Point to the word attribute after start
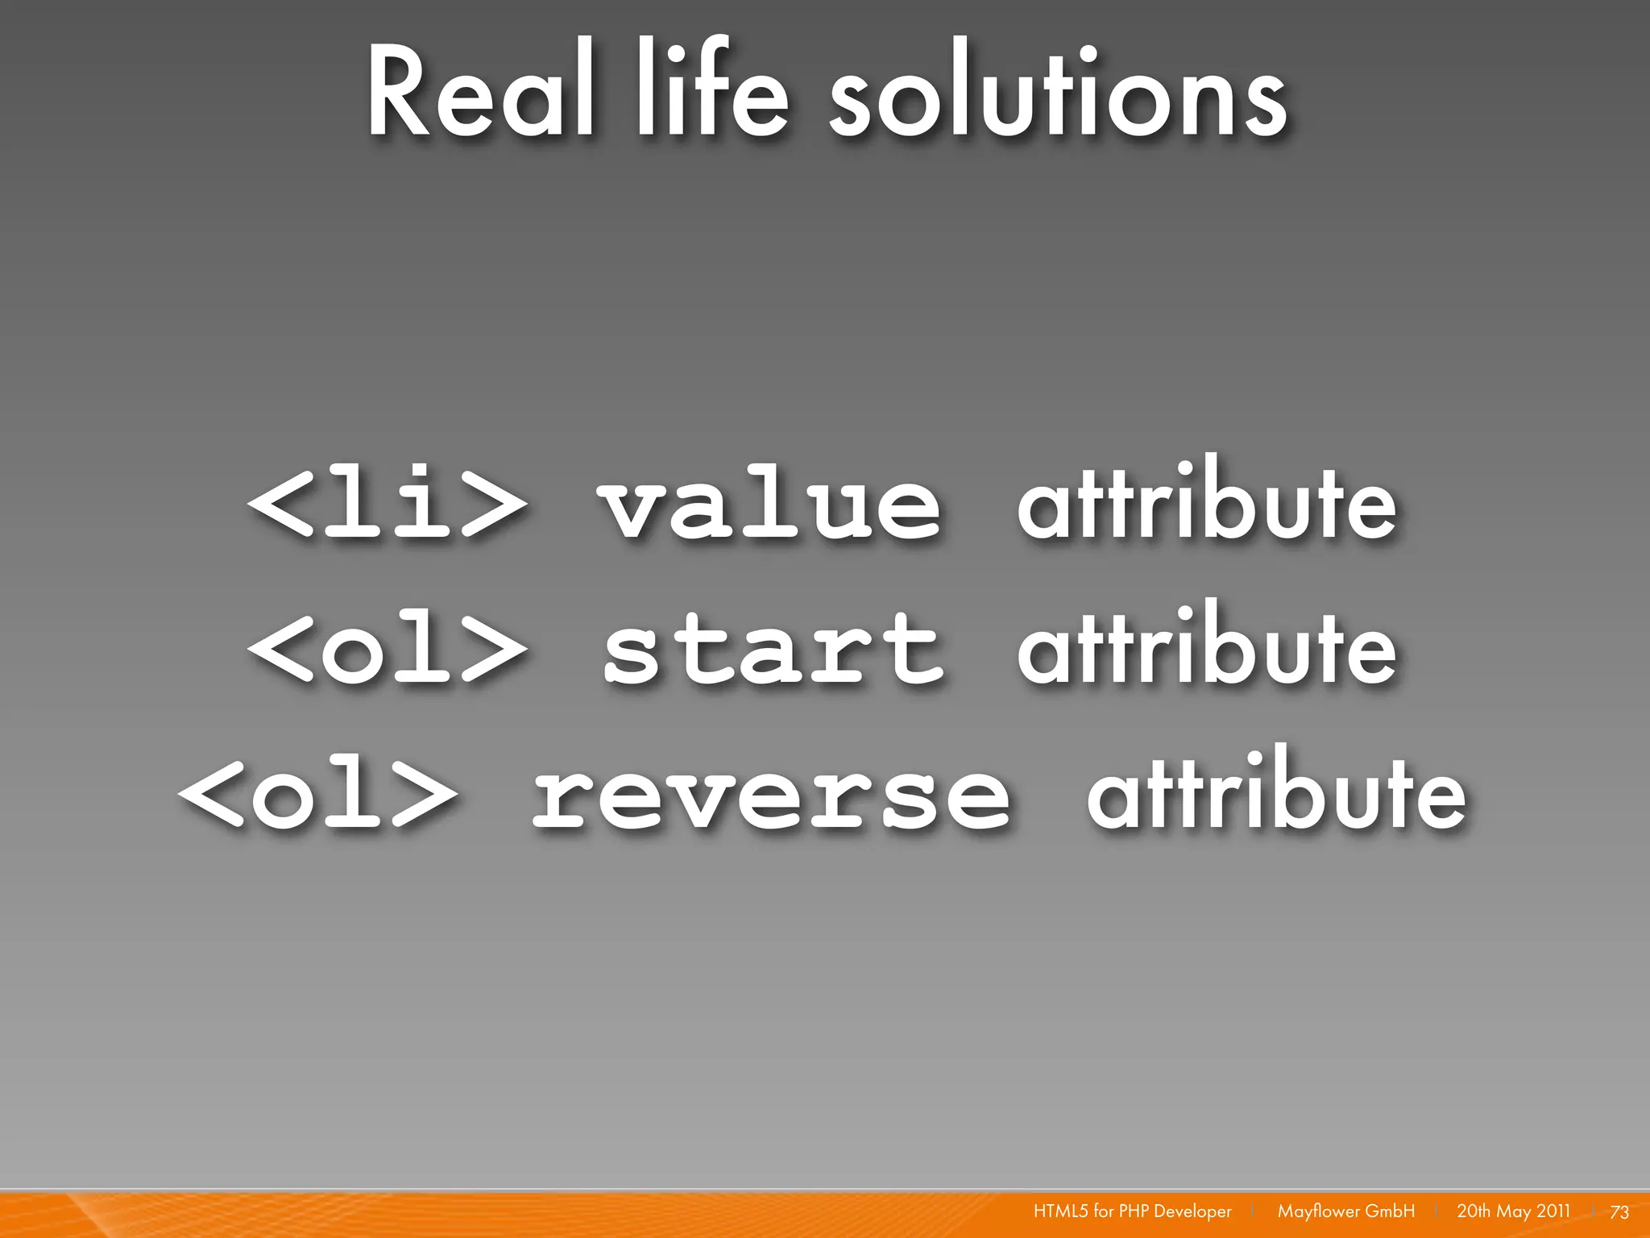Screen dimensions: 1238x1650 pyautogui.click(x=1206, y=645)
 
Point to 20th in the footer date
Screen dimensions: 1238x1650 pyautogui.click(x=1474, y=1211)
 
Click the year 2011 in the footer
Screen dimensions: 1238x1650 pyautogui.click(x=1553, y=1211)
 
